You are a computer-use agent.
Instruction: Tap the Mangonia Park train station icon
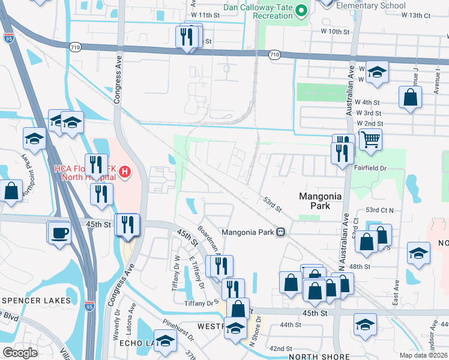coord(280,232)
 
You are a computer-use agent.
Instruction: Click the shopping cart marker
coord(371,140)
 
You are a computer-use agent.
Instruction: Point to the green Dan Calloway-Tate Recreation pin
coord(303,10)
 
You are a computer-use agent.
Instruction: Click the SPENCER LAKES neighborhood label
coord(37,300)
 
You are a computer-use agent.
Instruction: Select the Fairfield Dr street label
coord(373,169)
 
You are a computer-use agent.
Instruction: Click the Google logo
coord(20,353)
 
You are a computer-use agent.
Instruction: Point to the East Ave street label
coord(396,293)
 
